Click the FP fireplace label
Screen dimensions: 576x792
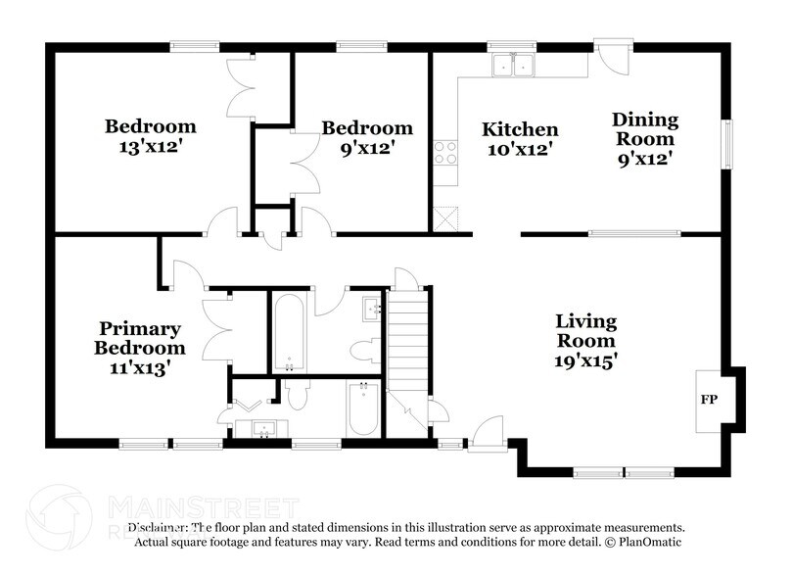[x=708, y=401]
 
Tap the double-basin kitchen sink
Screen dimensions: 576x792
[x=513, y=65]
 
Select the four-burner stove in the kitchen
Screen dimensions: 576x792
[x=444, y=152]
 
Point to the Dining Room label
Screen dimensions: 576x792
[x=645, y=128]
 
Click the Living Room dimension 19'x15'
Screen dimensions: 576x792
[x=585, y=360]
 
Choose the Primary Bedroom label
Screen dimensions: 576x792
[x=139, y=338]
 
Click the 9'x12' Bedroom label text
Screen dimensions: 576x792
[x=367, y=128]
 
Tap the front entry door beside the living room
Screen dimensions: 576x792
[x=485, y=433]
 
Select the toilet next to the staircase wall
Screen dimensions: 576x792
[x=364, y=348]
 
